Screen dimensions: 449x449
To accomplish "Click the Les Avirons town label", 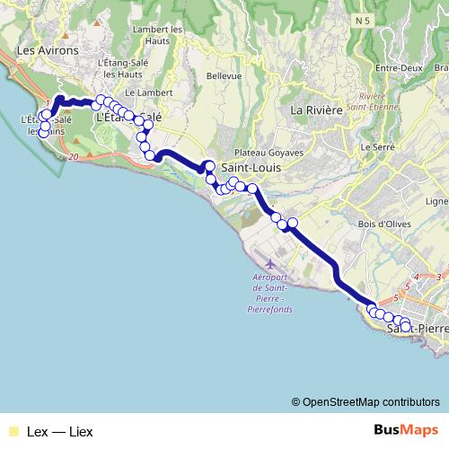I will click(x=38, y=51).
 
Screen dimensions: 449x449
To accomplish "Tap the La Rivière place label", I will click(x=316, y=110).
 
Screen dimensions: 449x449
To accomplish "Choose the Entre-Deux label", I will click(x=399, y=69).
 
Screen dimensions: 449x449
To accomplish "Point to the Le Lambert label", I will click(x=142, y=92).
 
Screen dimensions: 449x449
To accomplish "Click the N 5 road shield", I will click(x=362, y=19).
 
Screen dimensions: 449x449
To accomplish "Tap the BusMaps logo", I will click(x=401, y=430).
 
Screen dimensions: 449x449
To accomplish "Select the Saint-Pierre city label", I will click(x=417, y=330).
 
